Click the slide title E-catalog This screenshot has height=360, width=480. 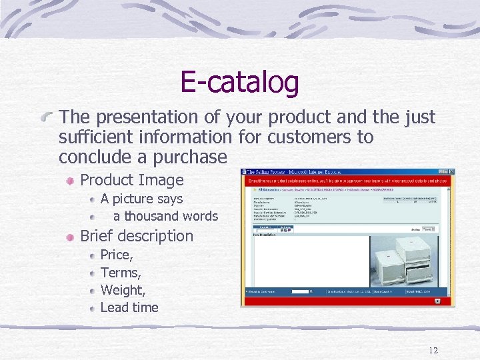[239, 83]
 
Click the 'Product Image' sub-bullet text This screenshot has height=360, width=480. [131, 180]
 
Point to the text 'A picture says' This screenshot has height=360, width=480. [141, 199]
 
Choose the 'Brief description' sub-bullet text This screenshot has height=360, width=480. [136, 236]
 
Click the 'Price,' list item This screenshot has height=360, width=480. [117, 255]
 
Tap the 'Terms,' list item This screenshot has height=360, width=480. [120, 273]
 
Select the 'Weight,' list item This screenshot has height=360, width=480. [123, 290]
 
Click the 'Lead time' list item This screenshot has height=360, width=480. [129, 307]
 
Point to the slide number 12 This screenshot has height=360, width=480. [433, 351]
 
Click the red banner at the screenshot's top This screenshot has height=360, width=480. [347, 181]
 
